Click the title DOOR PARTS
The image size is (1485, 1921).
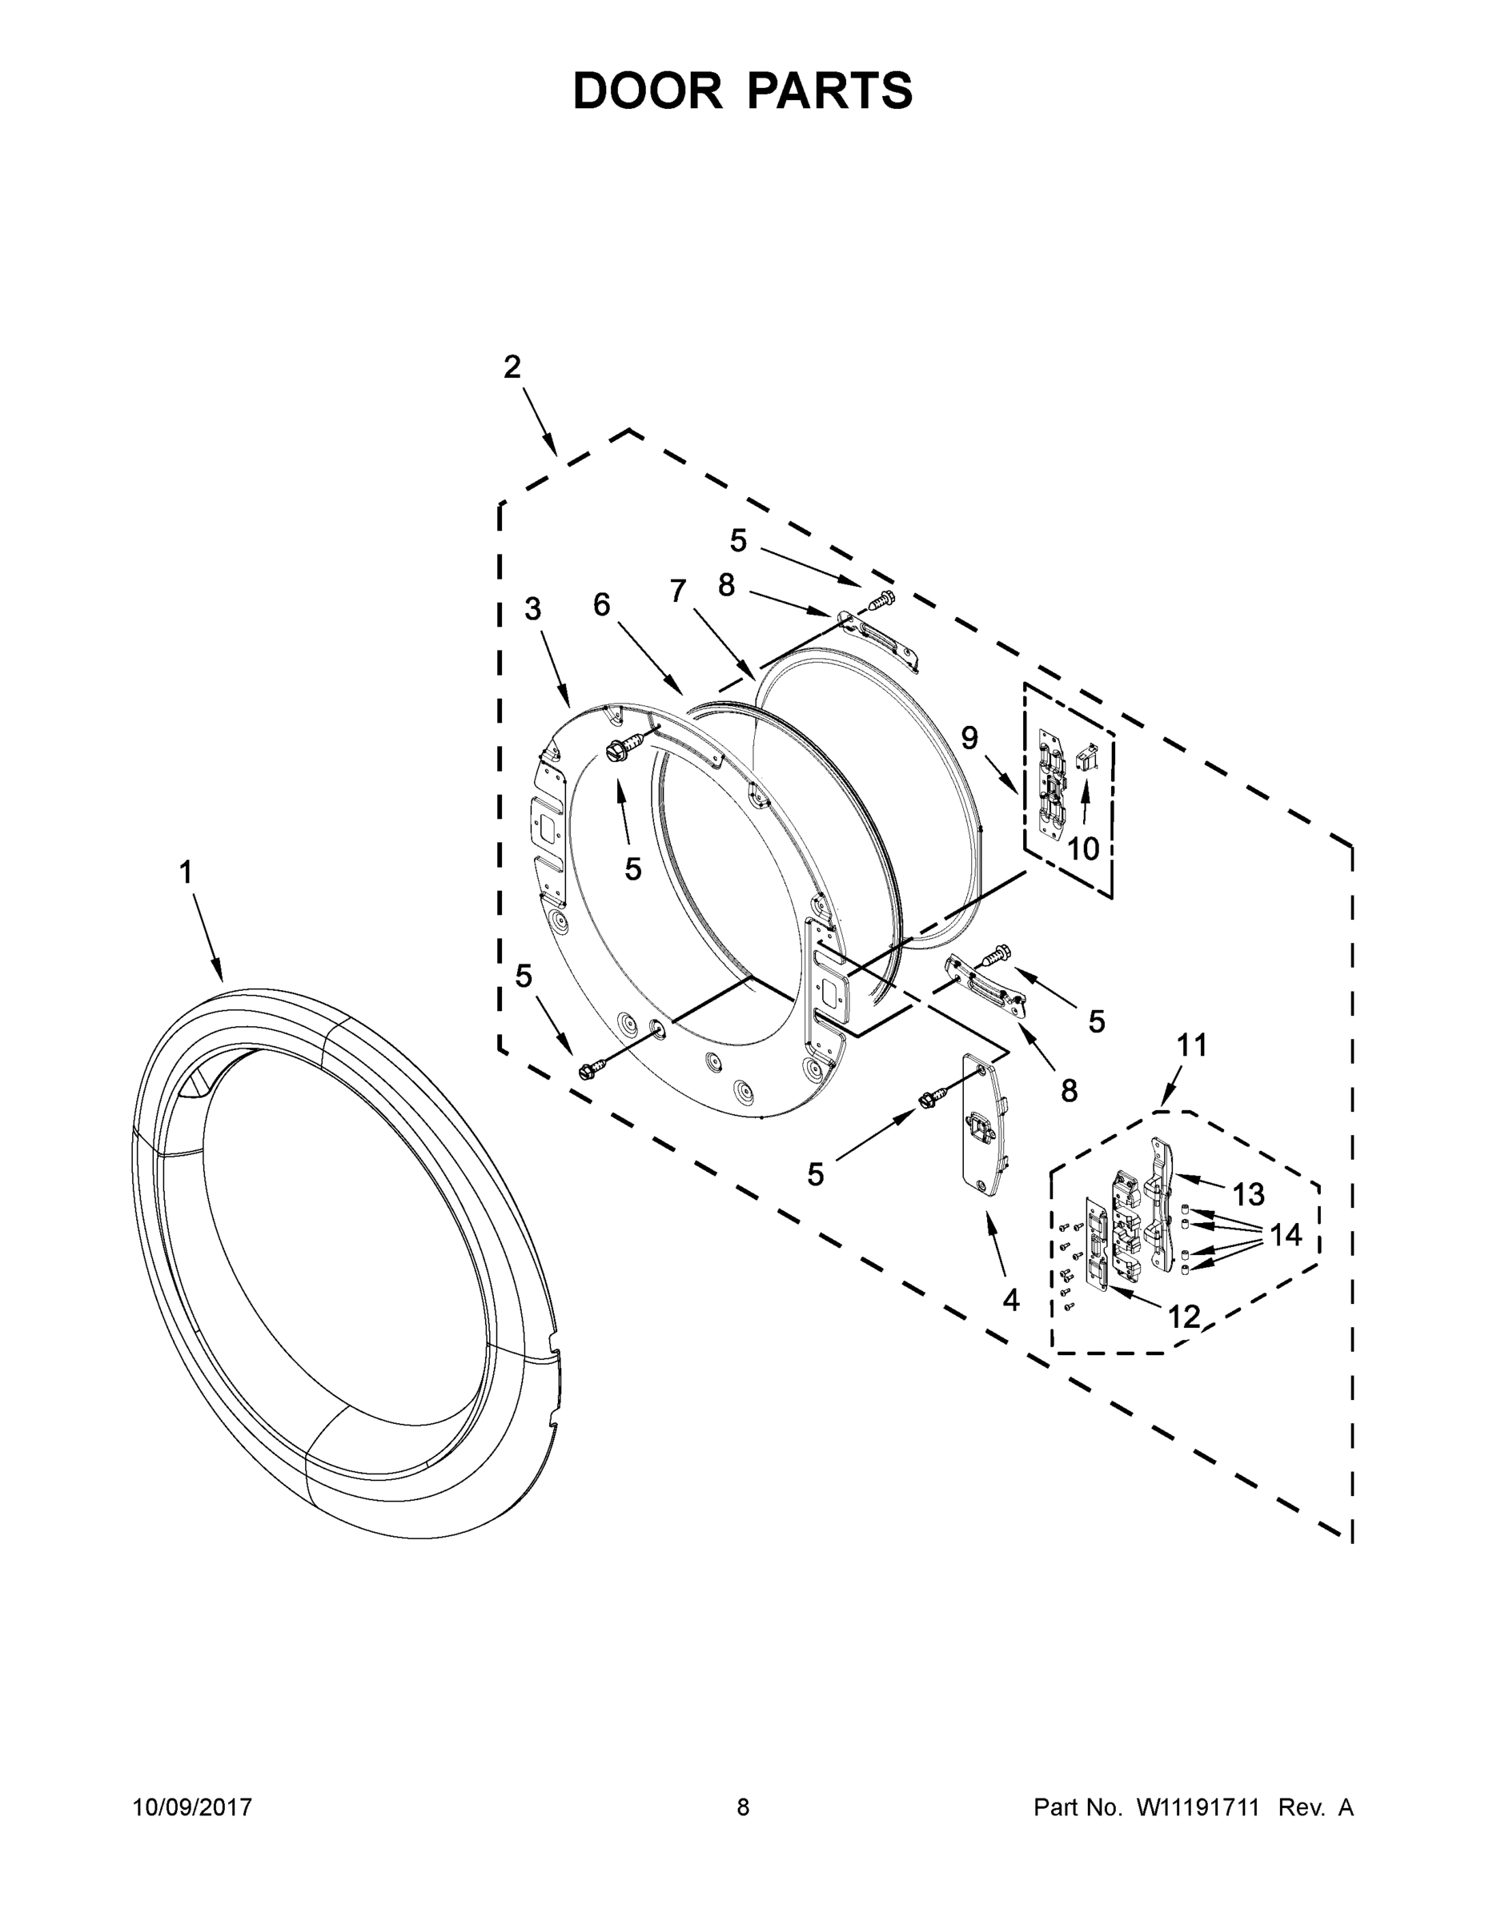click(x=743, y=90)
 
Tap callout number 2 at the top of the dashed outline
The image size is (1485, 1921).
click(x=512, y=367)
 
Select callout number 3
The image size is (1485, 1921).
click(x=533, y=608)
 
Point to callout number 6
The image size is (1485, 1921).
click(x=602, y=604)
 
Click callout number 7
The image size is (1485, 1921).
click(x=677, y=591)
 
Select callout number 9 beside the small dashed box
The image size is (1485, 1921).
click(x=969, y=737)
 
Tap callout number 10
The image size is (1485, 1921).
click(x=1083, y=848)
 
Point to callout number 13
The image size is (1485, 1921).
click(x=1247, y=1194)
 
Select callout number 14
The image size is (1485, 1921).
click(x=1286, y=1235)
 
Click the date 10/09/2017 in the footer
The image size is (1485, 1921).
click(x=192, y=1807)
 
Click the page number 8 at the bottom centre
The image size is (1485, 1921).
click(x=743, y=1807)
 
